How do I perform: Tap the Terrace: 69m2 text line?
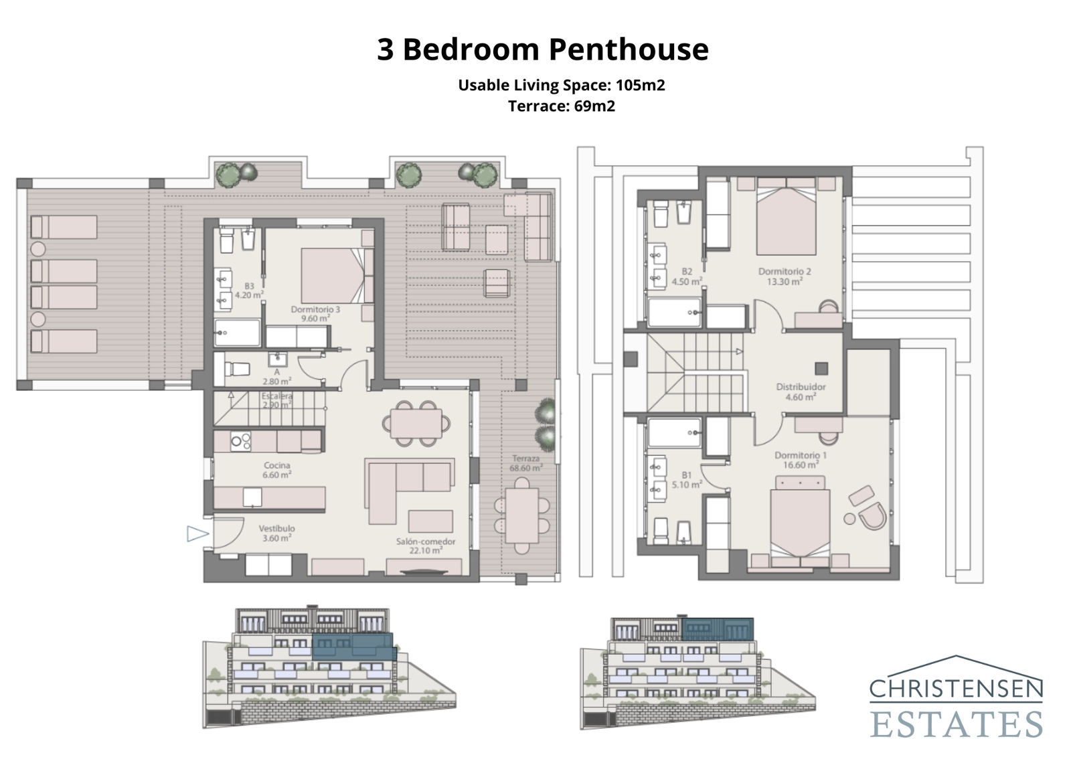[561, 106]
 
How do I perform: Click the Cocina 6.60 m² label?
[276, 470]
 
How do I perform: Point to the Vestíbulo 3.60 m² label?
[276, 533]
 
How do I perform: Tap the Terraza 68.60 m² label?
[525, 463]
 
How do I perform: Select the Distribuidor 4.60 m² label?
[801, 392]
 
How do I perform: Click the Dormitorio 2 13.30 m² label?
[785, 276]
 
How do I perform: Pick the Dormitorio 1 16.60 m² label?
[801, 460]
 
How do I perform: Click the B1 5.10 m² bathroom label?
[687, 479]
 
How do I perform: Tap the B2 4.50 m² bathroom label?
[687, 276]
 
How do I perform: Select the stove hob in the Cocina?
[240, 440]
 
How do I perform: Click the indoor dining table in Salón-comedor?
[416, 423]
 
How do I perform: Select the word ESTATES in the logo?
[956, 725]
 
